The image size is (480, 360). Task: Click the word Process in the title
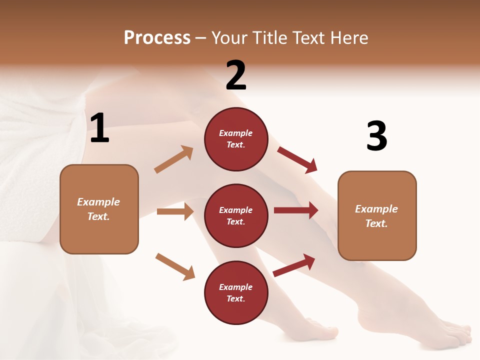pos(157,38)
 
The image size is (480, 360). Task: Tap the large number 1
pos(99,128)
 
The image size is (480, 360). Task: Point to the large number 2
pos(236,75)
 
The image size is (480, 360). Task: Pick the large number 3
pos(376,136)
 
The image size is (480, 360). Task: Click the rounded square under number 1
pos(99,209)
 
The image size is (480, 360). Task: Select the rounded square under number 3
pos(377,215)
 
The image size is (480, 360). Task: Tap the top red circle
pos(236,139)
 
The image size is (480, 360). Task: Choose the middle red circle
pos(236,215)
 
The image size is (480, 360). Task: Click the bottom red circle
pos(236,292)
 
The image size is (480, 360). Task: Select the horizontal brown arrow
pos(175,211)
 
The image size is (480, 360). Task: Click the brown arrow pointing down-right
pos(175,266)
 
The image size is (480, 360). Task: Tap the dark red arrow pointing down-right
pos(297,159)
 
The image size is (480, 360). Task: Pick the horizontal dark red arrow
pos(296,210)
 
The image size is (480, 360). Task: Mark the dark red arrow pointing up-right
pos(294,265)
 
